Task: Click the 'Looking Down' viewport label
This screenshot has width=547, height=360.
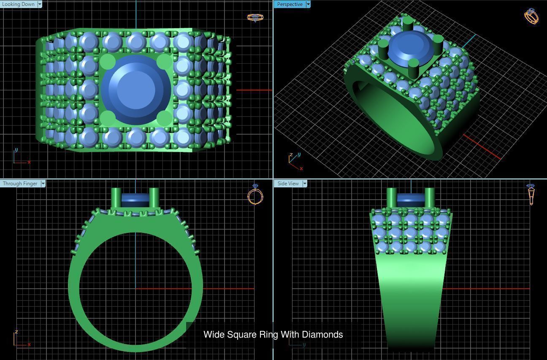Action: coord(19,4)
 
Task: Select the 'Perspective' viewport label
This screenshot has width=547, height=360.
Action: coord(290,4)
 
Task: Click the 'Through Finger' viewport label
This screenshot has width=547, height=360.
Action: coord(20,184)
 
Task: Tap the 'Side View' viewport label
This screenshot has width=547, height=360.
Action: coord(288,184)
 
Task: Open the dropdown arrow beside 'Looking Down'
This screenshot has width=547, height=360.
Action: coord(40,4)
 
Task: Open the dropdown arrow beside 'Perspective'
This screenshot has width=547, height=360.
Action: coord(308,4)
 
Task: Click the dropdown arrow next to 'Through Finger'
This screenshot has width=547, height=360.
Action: coord(43,184)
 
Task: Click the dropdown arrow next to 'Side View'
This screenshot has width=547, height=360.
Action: coord(304,184)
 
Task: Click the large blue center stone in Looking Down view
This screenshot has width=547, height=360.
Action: coord(136,89)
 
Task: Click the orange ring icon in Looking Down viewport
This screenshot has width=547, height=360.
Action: coord(255,17)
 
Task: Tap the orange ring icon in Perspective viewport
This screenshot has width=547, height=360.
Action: coord(531,16)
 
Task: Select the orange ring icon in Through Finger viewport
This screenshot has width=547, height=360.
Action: coord(255,195)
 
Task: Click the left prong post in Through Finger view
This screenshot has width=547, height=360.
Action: coord(116,198)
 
